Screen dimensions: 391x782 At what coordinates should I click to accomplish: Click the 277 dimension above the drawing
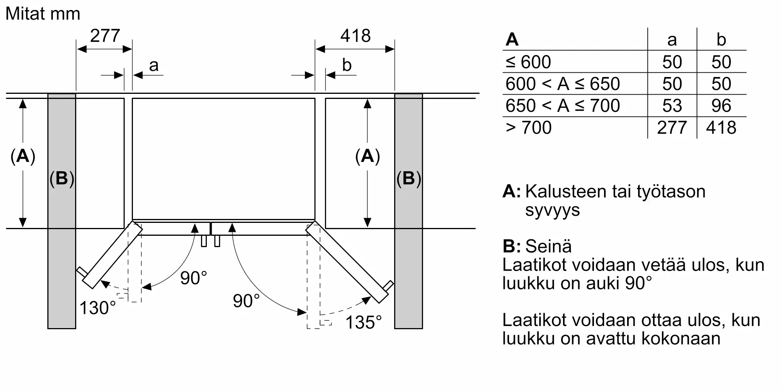click(x=105, y=36)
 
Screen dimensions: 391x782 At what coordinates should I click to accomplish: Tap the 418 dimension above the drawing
click(x=355, y=36)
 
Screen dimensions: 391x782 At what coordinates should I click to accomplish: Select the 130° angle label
click(x=97, y=308)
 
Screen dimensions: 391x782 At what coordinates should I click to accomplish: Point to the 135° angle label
click(x=363, y=323)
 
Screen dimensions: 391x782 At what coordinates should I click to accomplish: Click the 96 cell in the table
click(x=721, y=106)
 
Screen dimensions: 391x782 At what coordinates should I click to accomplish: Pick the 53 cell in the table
click(x=672, y=106)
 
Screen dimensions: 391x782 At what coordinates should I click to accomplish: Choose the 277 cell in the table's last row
click(x=672, y=127)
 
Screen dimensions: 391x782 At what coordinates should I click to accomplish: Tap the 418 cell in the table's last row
click(x=721, y=127)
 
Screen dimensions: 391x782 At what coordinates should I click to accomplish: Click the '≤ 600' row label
click(x=528, y=62)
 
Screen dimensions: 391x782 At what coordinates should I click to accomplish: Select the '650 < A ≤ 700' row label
click(x=562, y=106)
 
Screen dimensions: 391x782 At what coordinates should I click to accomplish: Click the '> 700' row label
click(x=528, y=127)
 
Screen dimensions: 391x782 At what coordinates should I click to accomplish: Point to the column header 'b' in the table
click(x=721, y=39)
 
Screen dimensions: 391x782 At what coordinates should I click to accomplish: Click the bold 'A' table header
click(x=512, y=39)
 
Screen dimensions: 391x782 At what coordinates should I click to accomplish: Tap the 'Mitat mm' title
click(x=43, y=14)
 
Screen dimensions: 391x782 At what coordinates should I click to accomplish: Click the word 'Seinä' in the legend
click(x=548, y=246)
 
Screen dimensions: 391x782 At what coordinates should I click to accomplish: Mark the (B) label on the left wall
click(x=62, y=178)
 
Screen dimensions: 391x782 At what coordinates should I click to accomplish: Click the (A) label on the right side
click(x=367, y=156)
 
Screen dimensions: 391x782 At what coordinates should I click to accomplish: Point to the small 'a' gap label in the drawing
click(x=154, y=65)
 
